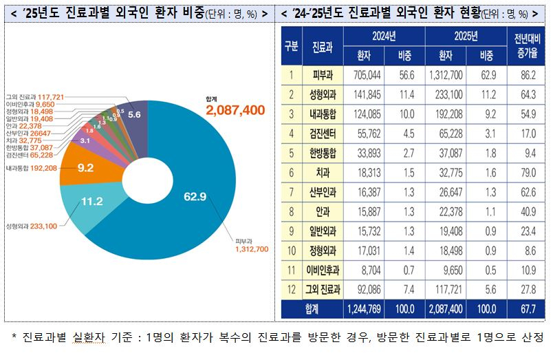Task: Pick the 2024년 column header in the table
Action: [x=383, y=36]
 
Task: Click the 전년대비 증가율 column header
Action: [x=525, y=45]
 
